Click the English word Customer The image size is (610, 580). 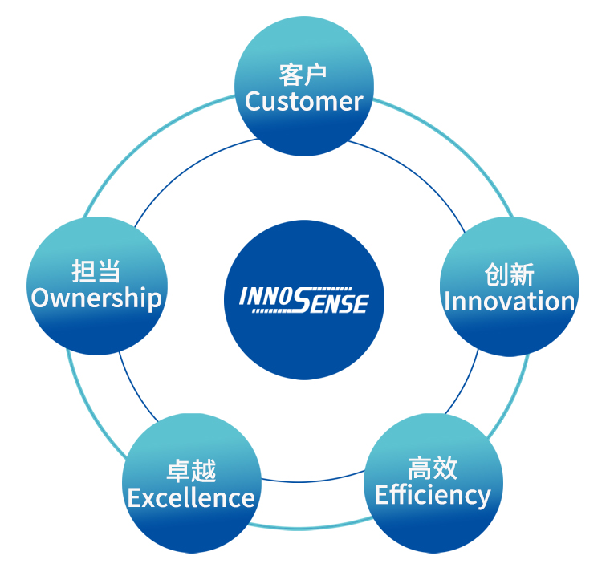coord(304,102)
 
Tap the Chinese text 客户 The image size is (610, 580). coord(303,75)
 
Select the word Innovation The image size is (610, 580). coord(509,302)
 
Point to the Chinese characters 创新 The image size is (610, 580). coord(509,275)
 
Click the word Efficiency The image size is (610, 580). coord(433,495)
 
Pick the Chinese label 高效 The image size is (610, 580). coord(433,468)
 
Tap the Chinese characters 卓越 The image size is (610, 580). coord(191,472)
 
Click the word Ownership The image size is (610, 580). coord(96,298)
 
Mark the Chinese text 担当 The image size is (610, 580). coord(96,271)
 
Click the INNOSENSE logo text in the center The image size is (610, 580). coord(303,300)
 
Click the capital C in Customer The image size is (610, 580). coord(253,102)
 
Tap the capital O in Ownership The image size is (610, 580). coord(40,298)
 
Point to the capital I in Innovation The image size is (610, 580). coord(447,302)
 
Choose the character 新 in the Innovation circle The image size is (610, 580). coord(522,275)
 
